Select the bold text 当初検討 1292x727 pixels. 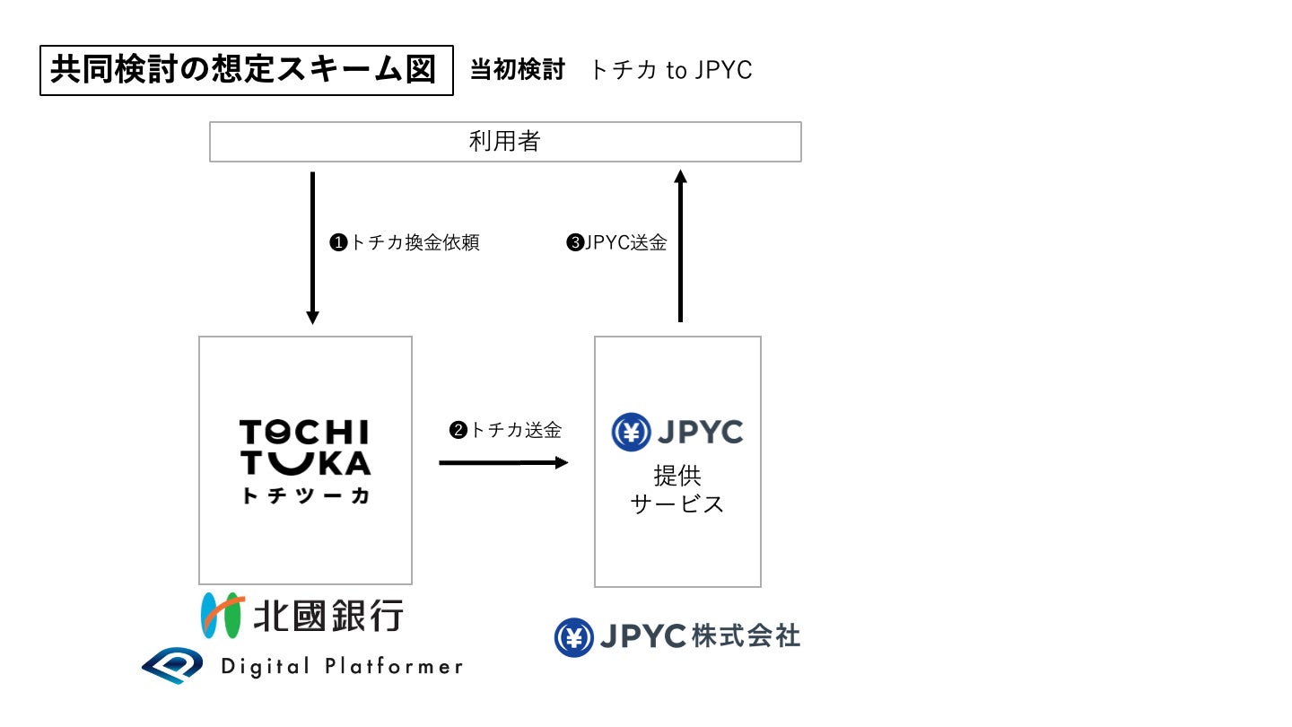[518, 70]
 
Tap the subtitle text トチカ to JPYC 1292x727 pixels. [670, 70]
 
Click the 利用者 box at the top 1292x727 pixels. [505, 142]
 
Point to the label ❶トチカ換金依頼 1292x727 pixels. [405, 243]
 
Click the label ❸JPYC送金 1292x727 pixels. [616, 243]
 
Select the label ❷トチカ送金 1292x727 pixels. [505, 431]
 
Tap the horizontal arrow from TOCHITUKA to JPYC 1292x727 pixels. [503, 462]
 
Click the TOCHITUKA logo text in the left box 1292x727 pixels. [305, 448]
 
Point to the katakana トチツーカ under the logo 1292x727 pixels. [305, 496]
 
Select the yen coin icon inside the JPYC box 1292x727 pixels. [631, 433]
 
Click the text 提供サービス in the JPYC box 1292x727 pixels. [677, 490]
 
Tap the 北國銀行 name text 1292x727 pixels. [328, 616]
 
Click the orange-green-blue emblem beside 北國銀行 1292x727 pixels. [222, 615]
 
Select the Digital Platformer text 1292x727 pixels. [342, 667]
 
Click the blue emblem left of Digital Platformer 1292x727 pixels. [173, 666]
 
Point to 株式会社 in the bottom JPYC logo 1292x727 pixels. [746, 636]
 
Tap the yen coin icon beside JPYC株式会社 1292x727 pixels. [573, 637]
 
